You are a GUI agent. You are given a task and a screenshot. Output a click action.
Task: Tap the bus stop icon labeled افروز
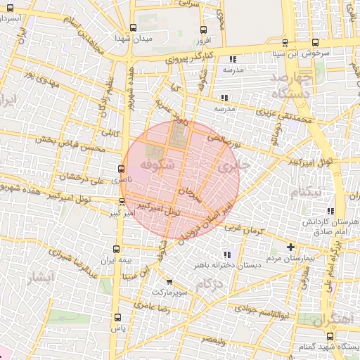204,30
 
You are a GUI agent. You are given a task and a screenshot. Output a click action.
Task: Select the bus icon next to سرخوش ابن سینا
314,41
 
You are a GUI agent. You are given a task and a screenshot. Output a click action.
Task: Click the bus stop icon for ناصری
121,169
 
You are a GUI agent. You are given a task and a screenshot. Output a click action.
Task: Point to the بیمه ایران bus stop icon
117,249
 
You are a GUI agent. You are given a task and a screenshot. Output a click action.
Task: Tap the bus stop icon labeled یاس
117,318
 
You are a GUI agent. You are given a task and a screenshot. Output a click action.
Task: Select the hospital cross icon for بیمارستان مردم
291,247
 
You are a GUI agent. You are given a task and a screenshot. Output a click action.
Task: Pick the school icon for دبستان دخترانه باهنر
226,255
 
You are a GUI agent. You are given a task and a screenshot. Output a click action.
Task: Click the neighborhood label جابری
229,167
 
